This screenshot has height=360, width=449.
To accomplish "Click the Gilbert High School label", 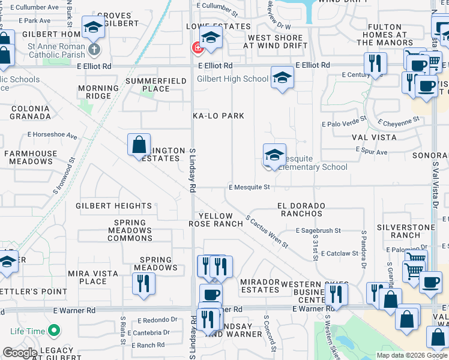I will [233, 79].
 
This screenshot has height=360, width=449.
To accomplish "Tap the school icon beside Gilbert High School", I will [282, 77].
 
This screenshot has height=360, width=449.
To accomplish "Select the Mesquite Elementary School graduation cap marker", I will [274, 155].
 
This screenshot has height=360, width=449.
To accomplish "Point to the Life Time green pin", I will [54, 331].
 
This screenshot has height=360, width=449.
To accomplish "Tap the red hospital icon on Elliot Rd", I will [196, 48].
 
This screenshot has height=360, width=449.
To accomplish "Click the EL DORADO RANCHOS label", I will [301, 209].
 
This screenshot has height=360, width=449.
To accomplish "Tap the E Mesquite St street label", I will [249, 187].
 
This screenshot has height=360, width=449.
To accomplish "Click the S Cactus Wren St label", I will [267, 232].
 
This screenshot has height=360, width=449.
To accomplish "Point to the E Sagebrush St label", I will [318, 230].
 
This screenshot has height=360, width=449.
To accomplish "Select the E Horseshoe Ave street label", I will [52, 136].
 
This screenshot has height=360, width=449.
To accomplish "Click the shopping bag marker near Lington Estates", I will [139, 145].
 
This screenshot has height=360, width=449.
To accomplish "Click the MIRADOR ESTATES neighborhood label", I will [260, 285].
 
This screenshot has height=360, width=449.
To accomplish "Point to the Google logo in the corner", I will [20, 353].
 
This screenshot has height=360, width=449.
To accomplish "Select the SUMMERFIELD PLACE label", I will [148, 85].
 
